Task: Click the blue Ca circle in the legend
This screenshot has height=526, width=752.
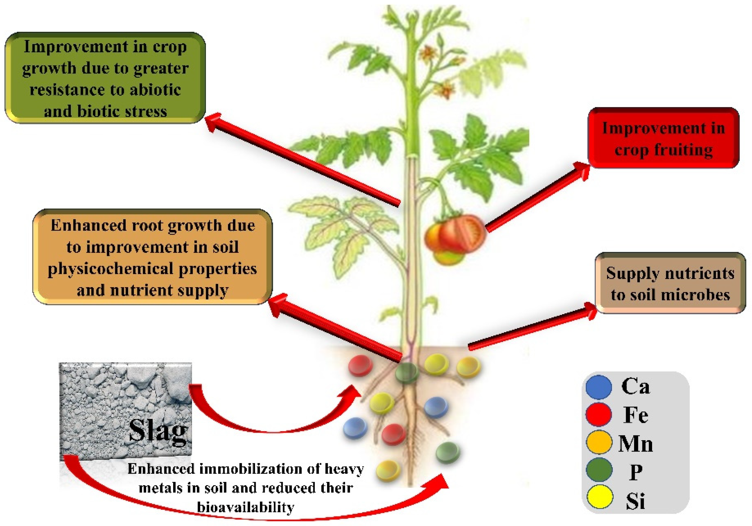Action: (x=599, y=387)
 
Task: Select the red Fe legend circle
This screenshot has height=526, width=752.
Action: (x=599, y=415)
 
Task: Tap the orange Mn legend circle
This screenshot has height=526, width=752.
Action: (x=599, y=442)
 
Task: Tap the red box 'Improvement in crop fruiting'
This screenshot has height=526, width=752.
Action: (x=663, y=138)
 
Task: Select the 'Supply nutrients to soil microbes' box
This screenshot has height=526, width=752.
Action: (x=670, y=283)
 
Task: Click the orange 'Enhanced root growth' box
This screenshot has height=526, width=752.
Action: (x=152, y=257)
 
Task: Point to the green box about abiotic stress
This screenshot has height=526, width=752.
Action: (x=105, y=78)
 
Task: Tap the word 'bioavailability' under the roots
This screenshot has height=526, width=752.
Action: (x=246, y=507)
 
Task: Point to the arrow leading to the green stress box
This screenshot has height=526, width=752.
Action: (x=305, y=161)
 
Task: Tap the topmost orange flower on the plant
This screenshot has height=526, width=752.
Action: (x=427, y=53)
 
